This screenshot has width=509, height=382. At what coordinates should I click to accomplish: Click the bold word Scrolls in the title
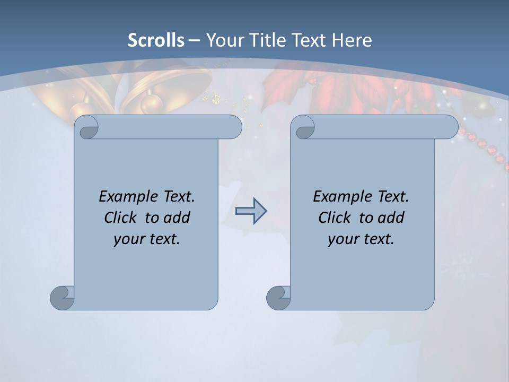click(x=156, y=40)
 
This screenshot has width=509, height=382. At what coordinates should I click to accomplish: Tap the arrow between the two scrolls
click(x=251, y=211)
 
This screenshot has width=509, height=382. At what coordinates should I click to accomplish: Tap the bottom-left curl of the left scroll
click(x=63, y=297)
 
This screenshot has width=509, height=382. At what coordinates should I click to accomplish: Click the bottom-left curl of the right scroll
click(x=278, y=297)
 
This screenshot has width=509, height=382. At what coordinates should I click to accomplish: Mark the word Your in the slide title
click(x=223, y=40)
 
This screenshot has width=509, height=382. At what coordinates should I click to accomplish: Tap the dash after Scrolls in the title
click(x=194, y=40)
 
